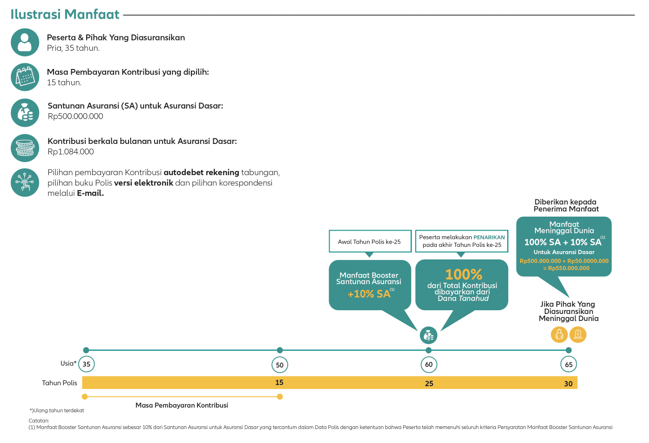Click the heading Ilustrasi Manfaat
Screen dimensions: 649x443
pyautogui.click(x=65, y=14)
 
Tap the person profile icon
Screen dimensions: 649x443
pyautogui.click(x=25, y=42)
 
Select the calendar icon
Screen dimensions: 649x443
pyautogui.click(x=25, y=77)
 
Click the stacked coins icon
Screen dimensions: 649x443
pyautogui.click(x=25, y=148)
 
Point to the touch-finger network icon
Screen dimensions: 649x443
pyautogui.click(x=25, y=183)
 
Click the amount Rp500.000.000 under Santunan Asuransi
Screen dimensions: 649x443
pyautogui.click(x=75, y=116)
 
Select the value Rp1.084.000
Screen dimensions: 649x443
pyautogui.click(x=71, y=152)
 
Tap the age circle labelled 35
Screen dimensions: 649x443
pyautogui.click(x=86, y=364)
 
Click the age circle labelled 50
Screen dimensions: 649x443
pyautogui.click(x=280, y=365)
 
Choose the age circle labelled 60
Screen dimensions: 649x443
pyautogui.click(x=429, y=364)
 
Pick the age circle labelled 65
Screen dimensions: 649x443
pyautogui.click(x=568, y=364)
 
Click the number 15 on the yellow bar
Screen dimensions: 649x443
pyautogui.click(x=279, y=382)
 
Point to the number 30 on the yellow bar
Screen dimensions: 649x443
pyautogui.click(x=568, y=384)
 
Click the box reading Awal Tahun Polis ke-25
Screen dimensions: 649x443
pyautogui.click(x=370, y=241)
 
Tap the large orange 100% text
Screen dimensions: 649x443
pyautogui.click(x=464, y=274)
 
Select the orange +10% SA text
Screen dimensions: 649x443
pyautogui.click(x=369, y=294)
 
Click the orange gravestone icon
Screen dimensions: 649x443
pyautogui.click(x=578, y=334)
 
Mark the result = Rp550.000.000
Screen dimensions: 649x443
pyautogui.click(x=566, y=268)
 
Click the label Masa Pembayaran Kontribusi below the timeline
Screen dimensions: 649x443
pyautogui.click(x=182, y=405)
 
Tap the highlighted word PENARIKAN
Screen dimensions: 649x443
pyautogui.click(x=489, y=237)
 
